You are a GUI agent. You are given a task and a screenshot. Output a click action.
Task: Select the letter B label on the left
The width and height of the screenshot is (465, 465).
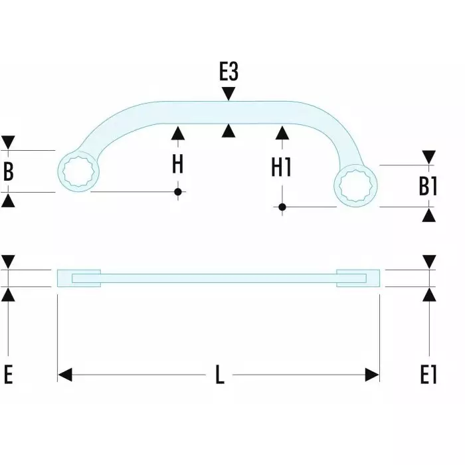click(9, 171)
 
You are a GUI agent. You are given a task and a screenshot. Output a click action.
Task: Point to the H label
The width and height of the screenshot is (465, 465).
click(177, 164)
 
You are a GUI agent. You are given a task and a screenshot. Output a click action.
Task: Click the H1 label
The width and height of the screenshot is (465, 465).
click(282, 167)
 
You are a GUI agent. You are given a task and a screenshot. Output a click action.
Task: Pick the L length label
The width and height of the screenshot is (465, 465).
click(220, 376)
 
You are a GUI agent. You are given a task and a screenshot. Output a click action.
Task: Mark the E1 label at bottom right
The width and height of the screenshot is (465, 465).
click(428, 375)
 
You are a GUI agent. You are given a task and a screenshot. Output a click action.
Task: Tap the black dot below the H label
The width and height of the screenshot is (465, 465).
click(177, 192)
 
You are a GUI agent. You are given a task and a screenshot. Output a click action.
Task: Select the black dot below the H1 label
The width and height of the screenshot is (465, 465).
click(282, 207)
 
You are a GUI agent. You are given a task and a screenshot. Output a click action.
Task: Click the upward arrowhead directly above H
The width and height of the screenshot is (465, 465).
click(177, 133)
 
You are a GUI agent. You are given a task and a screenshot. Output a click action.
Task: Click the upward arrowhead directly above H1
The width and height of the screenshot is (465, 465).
click(282, 133)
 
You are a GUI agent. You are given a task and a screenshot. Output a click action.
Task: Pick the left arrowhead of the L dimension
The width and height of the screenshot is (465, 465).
click(64, 376)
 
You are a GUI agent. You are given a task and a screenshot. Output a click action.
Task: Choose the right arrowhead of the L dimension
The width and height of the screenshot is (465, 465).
click(373, 376)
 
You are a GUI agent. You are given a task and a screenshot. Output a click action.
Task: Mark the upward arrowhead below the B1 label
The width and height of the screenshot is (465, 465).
click(428, 215)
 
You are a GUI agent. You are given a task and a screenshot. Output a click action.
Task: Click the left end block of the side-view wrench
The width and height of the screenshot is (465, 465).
click(79, 278)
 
